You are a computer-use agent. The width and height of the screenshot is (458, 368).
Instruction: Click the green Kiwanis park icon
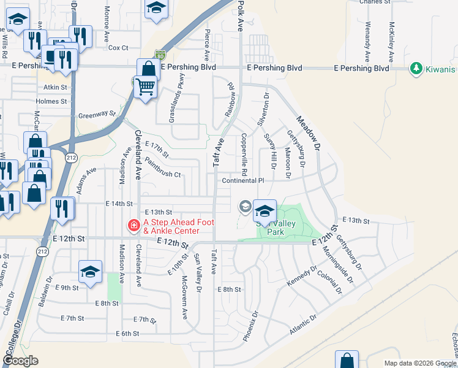tap(417, 68)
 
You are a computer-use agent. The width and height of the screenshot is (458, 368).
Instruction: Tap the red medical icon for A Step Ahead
tap(132, 226)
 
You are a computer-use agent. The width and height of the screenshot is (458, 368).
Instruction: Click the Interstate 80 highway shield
tap(160, 55)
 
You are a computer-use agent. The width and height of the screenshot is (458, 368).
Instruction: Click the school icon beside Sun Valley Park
tap(264, 212)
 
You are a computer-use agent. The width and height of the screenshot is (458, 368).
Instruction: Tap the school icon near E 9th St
tap(90, 272)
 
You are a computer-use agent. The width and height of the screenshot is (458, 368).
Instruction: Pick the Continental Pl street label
tap(242, 181)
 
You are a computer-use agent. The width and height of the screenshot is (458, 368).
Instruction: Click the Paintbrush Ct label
tap(163, 169)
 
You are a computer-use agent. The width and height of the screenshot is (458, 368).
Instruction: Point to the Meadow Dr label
tap(309, 134)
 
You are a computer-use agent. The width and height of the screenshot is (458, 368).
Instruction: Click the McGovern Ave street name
tap(184, 297)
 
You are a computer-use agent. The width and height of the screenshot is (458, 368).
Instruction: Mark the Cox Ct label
tap(118, 48)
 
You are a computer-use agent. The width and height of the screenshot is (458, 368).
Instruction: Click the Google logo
tap(20, 361)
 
